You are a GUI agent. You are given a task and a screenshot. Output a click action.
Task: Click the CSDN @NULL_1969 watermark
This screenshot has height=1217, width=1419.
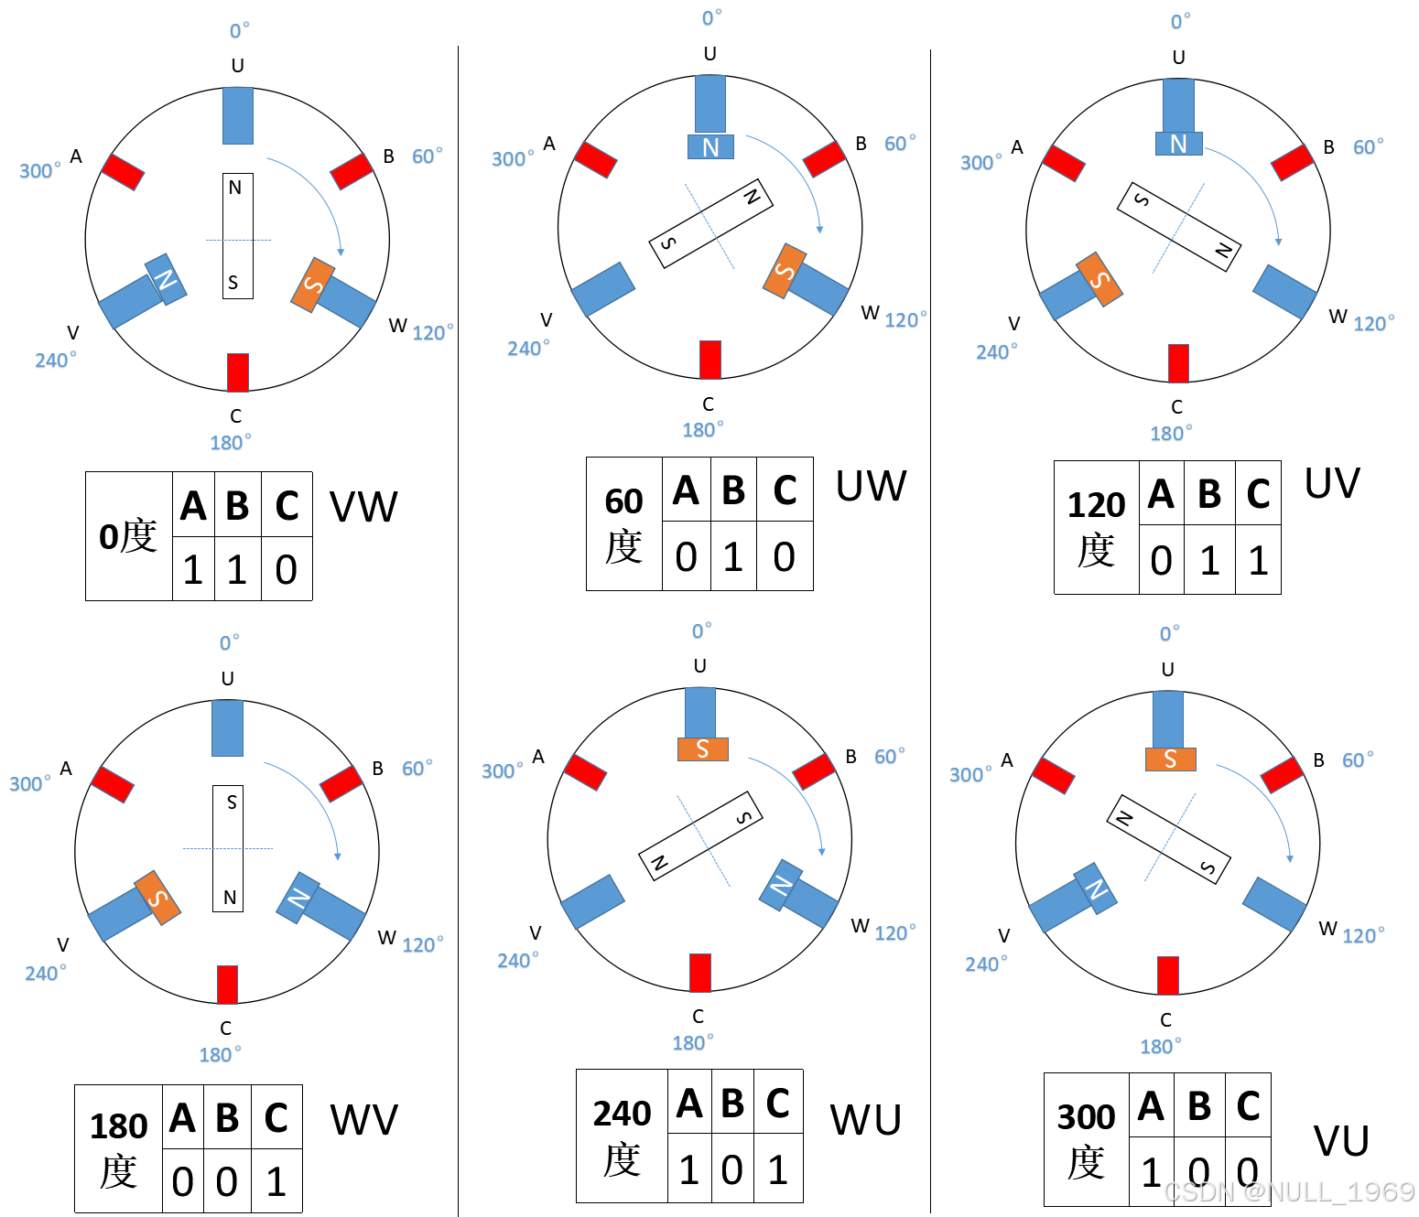[x=1287, y=1190]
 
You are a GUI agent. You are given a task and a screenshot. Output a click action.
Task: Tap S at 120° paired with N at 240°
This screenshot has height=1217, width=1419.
[x=313, y=285]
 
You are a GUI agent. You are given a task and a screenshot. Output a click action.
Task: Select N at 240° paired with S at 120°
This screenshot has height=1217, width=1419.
[x=166, y=279]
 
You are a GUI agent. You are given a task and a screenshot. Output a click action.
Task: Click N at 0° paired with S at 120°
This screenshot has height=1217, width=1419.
[x=710, y=147]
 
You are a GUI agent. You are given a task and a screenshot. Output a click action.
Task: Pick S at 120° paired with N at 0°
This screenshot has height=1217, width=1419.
[x=785, y=271]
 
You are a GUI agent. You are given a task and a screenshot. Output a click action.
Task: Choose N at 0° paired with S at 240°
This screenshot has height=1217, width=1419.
[x=1178, y=144]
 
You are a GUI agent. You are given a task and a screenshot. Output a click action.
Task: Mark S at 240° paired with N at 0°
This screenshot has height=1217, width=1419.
[x=1099, y=280]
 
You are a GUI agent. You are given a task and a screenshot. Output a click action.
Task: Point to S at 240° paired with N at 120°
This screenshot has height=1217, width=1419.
[x=157, y=898]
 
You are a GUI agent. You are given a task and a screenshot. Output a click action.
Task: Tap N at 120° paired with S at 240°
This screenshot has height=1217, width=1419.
[x=298, y=898]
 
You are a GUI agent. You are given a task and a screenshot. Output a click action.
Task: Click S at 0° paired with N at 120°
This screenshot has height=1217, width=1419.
[x=702, y=749]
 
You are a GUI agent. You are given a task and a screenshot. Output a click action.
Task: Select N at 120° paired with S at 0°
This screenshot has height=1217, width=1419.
[x=781, y=885]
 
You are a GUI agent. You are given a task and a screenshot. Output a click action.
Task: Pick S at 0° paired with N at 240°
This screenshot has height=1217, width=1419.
[x=1170, y=759]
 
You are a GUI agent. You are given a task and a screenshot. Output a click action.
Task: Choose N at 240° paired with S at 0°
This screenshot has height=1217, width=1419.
[x=1096, y=889]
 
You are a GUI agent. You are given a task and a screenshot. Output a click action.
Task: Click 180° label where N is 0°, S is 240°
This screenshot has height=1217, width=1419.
[x=1171, y=434]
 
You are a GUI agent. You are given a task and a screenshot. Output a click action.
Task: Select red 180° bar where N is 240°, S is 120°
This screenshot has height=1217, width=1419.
[x=238, y=372]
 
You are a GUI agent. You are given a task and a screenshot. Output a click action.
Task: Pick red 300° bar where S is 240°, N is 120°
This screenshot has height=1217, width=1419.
[x=113, y=784]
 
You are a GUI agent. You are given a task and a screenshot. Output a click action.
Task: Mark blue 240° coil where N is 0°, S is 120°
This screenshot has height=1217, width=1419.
[x=602, y=289]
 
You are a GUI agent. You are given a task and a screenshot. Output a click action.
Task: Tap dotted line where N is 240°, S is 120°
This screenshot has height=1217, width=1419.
[x=238, y=240]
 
